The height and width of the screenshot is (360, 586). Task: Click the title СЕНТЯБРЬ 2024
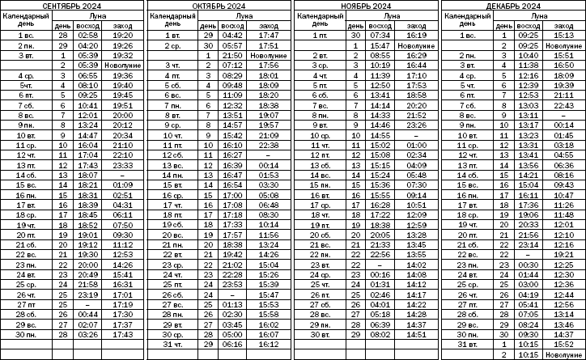click(73, 6)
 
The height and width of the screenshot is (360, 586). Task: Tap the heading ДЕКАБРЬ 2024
click(512, 6)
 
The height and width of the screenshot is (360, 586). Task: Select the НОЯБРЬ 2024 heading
click(366, 6)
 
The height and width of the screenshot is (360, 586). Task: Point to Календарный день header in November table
click(319, 20)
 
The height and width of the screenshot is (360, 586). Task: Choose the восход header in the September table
click(88, 26)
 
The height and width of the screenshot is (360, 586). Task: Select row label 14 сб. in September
click(26, 175)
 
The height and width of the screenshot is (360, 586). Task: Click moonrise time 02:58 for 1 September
click(88, 36)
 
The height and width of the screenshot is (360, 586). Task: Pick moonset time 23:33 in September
click(124, 165)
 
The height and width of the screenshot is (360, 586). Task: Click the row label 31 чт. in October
click(172, 345)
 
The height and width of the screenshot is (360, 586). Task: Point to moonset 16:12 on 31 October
click(267, 345)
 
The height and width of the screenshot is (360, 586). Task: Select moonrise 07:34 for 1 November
click(380, 36)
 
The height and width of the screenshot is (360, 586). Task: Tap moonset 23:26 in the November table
click(416, 125)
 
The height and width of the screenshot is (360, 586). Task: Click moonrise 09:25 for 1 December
click(527, 36)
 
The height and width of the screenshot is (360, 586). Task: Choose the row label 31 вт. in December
click(465, 345)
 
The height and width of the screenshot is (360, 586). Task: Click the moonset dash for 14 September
click(124, 175)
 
